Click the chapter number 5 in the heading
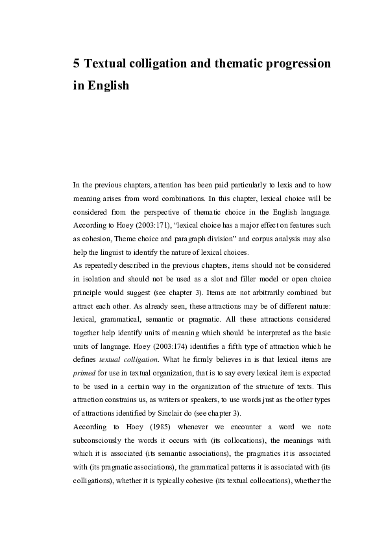point(77,64)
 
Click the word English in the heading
point(108,86)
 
